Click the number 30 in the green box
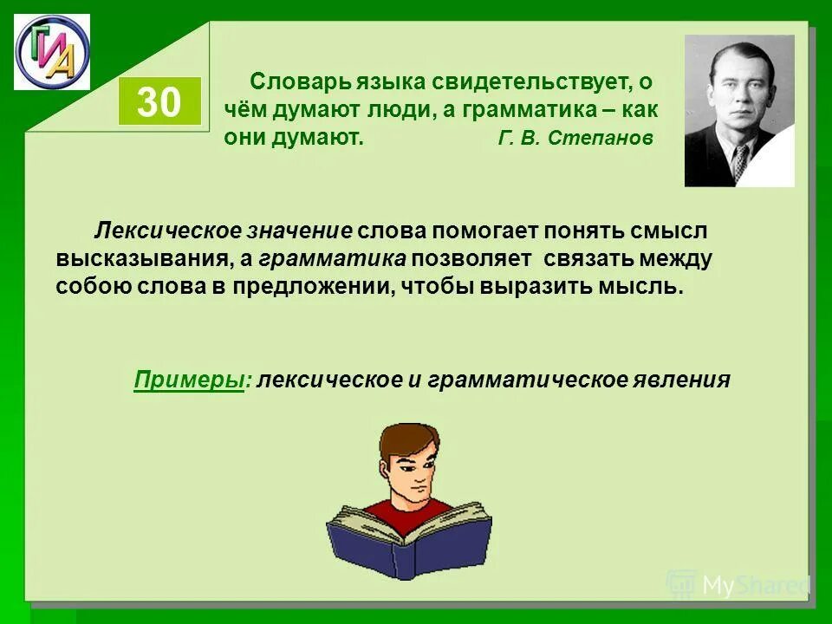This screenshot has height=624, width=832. (159, 103)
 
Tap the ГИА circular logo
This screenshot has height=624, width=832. (52, 52)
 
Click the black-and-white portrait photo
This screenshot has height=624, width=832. (739, 110)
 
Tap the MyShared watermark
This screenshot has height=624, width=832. (737, 586)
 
